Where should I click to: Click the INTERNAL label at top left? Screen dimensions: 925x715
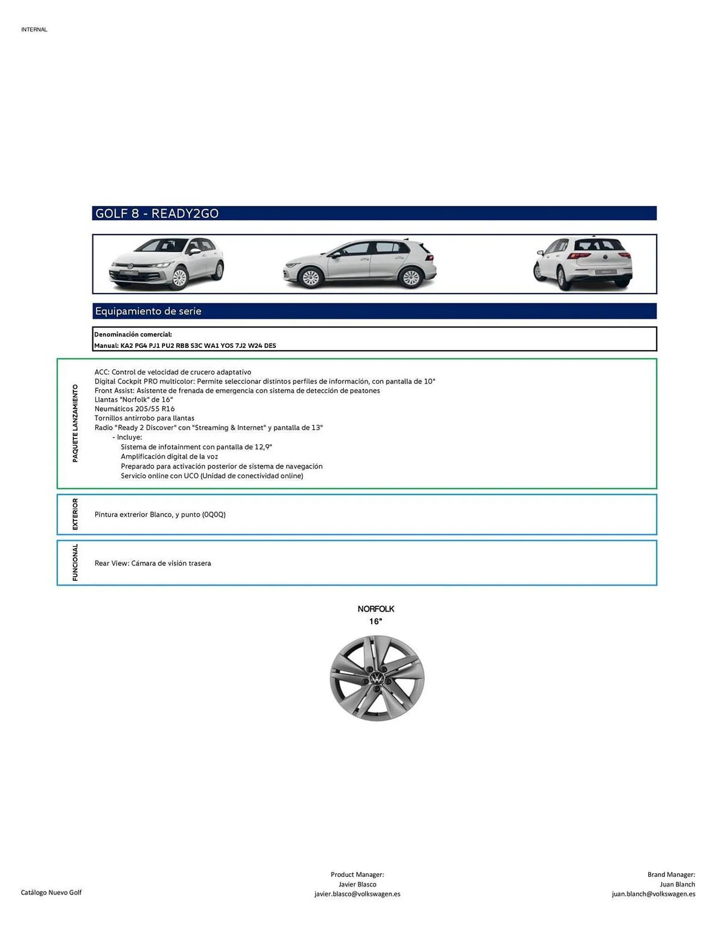click(x=34, y=30)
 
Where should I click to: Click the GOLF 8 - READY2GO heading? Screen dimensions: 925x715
click(x=156, y=213)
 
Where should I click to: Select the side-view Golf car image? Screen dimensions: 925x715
click(x=360, y=264)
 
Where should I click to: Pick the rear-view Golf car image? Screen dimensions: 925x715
click(x=583, y=264)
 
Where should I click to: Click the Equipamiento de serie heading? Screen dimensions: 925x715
click(x=148, y=311)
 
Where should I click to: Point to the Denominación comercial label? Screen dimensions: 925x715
click(x=133, y=334)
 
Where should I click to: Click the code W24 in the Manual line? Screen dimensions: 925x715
click(x=255, y=345)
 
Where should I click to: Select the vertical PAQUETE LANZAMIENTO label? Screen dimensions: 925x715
click(x=75, y=423)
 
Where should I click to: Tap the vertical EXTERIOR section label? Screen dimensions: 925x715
click(x=75, y=514)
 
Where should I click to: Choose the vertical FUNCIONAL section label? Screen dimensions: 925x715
click(x=75, y=562)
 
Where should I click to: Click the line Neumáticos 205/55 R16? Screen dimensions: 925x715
click(x=135, y=409)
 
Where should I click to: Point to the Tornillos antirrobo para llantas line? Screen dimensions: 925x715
click(x=144, y=418)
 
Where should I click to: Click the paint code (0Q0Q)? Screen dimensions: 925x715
click(x=214, y=514)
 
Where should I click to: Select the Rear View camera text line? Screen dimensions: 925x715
click(x=153, y=563)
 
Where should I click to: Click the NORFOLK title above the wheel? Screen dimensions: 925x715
click(x=376, y=609)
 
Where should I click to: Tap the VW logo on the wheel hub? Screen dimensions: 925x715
click(x=377, y=679)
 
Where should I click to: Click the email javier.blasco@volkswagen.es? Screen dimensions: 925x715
click(x=357, y=894)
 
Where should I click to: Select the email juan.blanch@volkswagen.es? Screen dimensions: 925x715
click(x=653, y=894)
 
